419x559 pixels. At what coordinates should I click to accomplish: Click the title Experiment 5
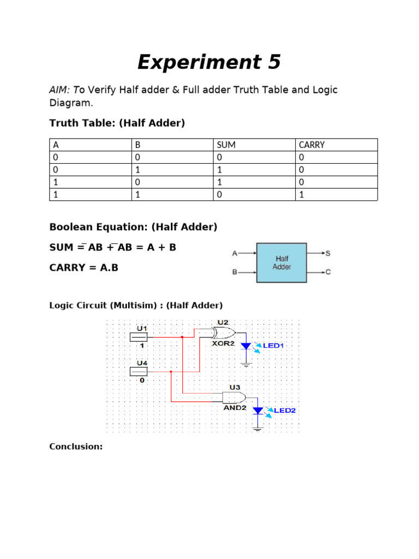[x=209, y=63]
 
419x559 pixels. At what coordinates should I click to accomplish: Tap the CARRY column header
[x=312, y=145]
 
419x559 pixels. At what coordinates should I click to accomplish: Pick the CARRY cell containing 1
[x=301, y=195]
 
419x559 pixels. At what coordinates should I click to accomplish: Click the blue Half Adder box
[x=282, y=263]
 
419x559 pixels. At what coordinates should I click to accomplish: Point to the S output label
[x=328, y=253]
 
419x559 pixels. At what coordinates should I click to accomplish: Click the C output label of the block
[x=328, y=272]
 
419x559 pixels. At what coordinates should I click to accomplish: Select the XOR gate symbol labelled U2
[x=223, y=333]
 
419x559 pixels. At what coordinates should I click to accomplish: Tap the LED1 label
[x=274, y=346]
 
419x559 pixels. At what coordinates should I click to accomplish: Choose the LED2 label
[x=284, y=410]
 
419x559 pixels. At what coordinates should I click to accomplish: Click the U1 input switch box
[x=139, y=337]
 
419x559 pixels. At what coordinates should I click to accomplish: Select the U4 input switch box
[x=139, y=372]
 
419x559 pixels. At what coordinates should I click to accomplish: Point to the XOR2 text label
[x=223, y=343]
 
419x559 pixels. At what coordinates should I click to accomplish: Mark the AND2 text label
[x=235, y=407]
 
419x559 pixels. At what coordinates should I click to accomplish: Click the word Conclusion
[x=76, y=447]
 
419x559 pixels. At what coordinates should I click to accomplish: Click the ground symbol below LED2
[x=258, y=429]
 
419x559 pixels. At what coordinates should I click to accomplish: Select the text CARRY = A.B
[x=83, y=267]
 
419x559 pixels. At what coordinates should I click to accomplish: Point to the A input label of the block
[x=235, y=253]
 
